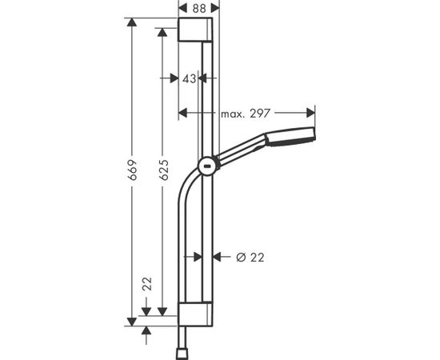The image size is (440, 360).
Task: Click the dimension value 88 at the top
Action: pyautogui.click(x=199, y=9)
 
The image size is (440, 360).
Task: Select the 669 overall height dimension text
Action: pyautogui.click(x=132, y=170)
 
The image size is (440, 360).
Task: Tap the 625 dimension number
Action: pyautogui.click(x=163, y=170)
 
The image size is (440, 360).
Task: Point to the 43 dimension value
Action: pyautogui.click(x=189, y=79)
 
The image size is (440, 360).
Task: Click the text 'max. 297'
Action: pyautogui.click(x=246, y=114)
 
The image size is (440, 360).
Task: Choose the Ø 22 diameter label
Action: pyautogui.click(x=250, y=258)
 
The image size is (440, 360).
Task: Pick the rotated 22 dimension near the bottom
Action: pyautogui.click(x=146, y=284)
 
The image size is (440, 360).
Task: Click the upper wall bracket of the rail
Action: pyautogui.click(x=195, y=30)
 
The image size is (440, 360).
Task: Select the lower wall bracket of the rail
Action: pyautogui.click(x=195, y=314)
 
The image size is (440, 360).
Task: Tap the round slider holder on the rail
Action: pyautogui.click(x=208, y=166)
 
